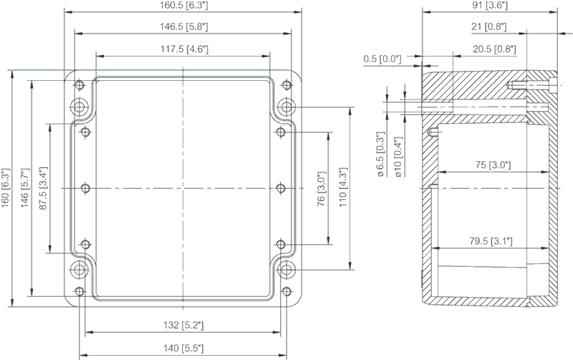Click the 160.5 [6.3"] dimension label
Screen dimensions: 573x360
(x=184, y=5)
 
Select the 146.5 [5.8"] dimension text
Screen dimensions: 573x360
(x=184, y=26)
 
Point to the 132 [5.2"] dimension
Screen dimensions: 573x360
(x=183, y=325)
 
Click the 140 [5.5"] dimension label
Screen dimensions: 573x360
(x=183, y=348)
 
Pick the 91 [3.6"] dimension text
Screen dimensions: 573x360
(x=489, y=5)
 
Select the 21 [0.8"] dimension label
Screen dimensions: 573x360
(x=489, y=26)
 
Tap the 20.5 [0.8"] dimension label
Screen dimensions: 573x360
(x=494, y=49)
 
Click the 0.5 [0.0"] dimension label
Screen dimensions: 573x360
(x=382, y=59)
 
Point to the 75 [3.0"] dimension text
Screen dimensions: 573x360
(x=493, y=165)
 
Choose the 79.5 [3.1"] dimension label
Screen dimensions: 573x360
(x=491, y=241)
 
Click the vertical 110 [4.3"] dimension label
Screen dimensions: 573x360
(x=343, y=188)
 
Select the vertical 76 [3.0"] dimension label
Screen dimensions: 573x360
(x=321, y=188)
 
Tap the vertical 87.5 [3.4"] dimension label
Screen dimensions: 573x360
(x=43, y=188)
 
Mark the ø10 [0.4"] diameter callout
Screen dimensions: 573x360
(x=398, y=157)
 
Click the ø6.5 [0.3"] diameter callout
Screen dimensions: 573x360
(x=380, y=155)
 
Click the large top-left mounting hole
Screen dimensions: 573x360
(x=80, y=107)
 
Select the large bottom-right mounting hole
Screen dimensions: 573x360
(x=287, y=270)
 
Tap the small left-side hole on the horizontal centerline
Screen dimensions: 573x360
(x=85, y=188)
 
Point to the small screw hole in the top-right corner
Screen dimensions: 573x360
(x=287, y=85)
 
